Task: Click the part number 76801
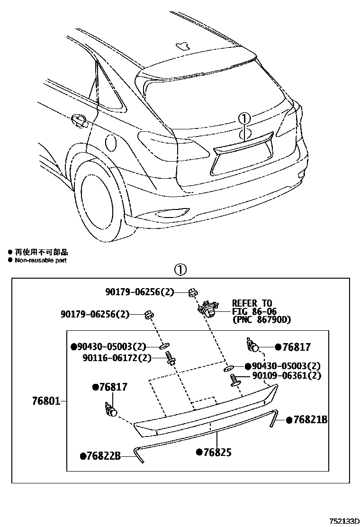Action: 46,401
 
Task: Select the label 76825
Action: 216,452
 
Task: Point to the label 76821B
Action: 310,419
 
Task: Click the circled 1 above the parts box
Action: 181,270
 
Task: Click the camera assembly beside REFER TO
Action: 207,309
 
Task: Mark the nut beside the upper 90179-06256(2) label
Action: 192,293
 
